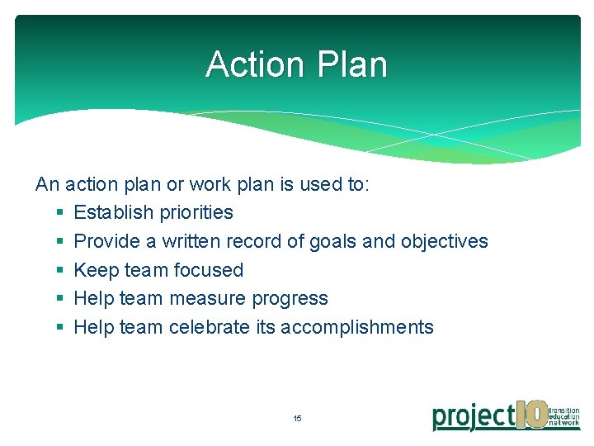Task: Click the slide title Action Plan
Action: [x=296, y=64]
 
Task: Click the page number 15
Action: [x=297, y=419]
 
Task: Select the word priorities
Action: [x=194, y=212]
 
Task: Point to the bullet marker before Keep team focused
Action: [x=59, y=270]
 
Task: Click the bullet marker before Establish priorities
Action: [x=59, y=212]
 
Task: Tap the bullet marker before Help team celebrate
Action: [x=59, y=327]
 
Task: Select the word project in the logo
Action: [x=474, y=417]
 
